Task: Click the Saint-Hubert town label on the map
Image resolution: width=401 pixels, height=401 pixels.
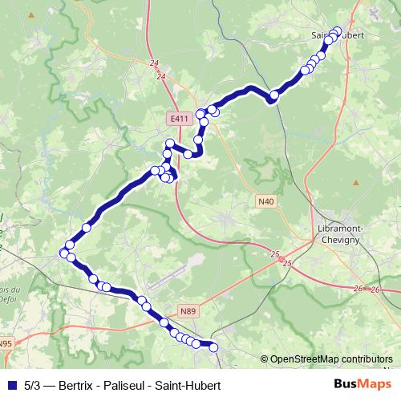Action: click(338, 35)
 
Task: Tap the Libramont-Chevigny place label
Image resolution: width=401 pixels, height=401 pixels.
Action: click(336, 233)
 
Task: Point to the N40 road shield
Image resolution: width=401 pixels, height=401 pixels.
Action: click(266, 200)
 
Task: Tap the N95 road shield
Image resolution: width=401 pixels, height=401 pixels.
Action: click(6, 344)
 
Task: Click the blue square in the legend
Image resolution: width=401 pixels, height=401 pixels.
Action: click(10, 385)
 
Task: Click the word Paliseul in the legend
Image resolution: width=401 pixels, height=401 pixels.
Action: click(128, 385)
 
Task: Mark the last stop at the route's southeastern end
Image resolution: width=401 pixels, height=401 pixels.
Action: click(214, 346)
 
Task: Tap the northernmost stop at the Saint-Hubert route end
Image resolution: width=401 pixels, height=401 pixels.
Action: click(337, 31)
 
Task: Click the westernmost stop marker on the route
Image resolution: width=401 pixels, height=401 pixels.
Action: click(64, 253)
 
